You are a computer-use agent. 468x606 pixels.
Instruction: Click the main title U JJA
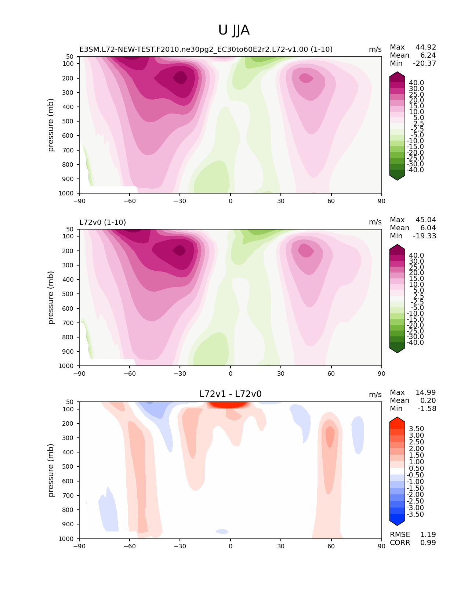click(x=234, y=30)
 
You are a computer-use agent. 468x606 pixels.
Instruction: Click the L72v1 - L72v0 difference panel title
click(x=230, y=394)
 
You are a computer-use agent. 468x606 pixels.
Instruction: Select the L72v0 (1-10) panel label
click(x=102, y=222)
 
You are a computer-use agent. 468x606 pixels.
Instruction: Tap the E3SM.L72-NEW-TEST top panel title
click(x=206, y=50)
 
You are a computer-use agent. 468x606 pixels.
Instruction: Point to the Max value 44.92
click(x=425, y=47)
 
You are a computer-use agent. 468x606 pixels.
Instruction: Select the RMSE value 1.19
click(x=428, y=535)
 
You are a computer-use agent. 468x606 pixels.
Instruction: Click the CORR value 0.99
click(x=428, y=543)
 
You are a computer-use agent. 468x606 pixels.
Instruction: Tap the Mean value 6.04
click(x=428, y=228)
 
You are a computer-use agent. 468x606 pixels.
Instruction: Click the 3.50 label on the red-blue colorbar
click(x=416, y=429)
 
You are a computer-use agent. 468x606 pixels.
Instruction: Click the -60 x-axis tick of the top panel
click(x=130, y=201)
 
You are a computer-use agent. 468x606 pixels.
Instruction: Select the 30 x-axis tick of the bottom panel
click(x=281, y=546)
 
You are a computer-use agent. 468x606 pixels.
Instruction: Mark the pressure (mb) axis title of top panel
click(x=51, y=125)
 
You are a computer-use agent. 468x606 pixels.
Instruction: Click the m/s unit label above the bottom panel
click(x=375, y=395)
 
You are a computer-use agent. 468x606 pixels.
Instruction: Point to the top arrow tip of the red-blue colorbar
click(x=397, y=418)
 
